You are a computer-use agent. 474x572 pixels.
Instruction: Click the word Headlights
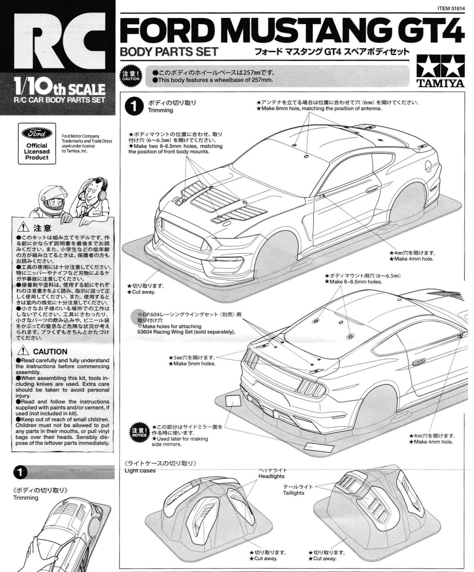[271, 476]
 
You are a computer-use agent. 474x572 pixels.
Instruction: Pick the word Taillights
[293, 493]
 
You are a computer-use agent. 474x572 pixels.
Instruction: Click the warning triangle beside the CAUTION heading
[23, 351]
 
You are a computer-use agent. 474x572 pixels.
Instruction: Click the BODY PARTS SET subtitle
[169, 52]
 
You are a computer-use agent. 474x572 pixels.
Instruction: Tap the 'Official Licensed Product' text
[37, 152]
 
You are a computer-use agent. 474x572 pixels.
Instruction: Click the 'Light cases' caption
[140, 470]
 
